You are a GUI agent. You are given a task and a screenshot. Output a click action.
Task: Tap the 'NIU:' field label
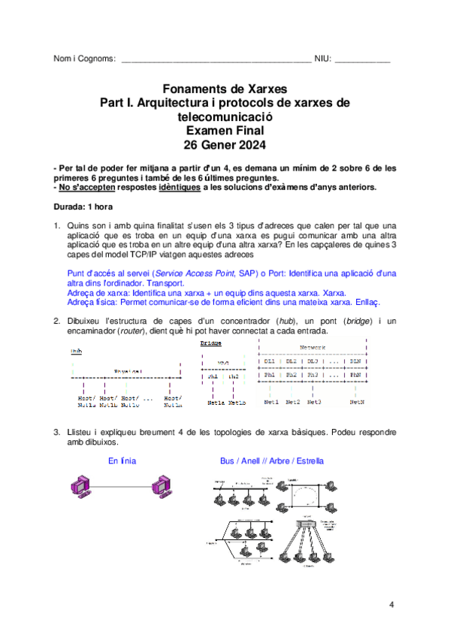(322, 59)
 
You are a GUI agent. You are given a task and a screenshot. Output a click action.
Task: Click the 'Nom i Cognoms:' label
(84, 59)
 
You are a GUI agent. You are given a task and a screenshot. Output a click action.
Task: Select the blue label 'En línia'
(122, 459)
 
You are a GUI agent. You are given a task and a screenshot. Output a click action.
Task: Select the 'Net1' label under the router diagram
(271, 402)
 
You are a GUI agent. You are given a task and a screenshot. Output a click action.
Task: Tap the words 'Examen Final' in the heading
(225, 130)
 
